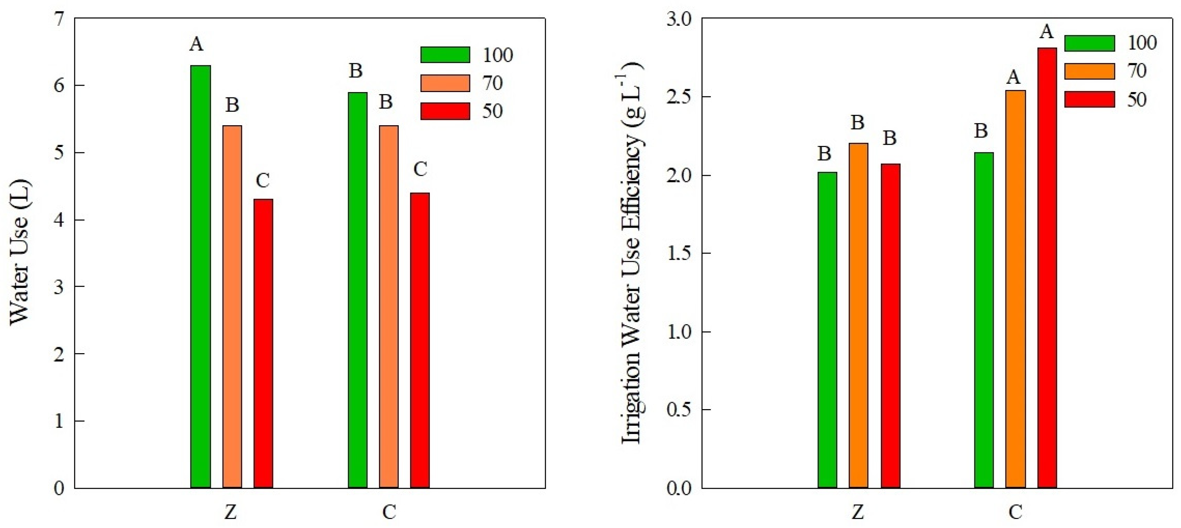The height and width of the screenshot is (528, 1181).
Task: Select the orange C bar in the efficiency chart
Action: pos(1015,289)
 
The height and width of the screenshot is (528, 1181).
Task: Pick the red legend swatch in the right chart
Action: pos(1089,99)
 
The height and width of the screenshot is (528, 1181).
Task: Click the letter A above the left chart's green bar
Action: pos(196,45)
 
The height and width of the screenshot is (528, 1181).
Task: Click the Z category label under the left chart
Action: pos(231,512)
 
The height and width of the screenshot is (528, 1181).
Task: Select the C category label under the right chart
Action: pos(1015,512)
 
